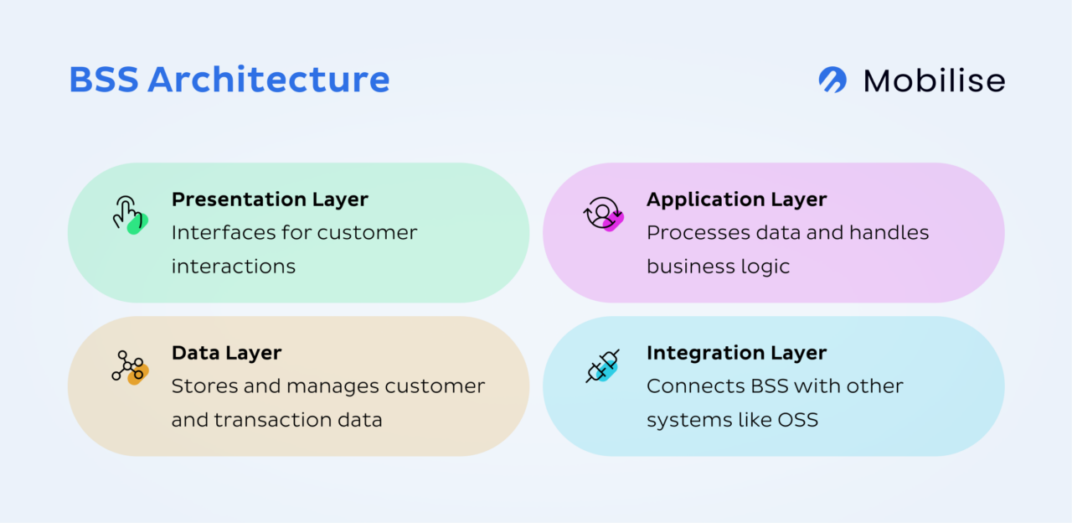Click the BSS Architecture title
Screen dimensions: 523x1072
(x=229, y=80)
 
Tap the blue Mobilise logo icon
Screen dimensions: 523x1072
(x=832, y=80)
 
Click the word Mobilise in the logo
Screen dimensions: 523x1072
(x=934, y=80)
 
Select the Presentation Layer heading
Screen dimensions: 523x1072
(x=270, y=199)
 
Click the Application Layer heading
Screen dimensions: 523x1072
(x=736, y=199)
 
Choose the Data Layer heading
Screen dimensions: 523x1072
(x=226, y=353)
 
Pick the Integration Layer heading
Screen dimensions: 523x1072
(x=736, y=353)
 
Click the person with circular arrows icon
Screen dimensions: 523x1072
(x=602, y=214)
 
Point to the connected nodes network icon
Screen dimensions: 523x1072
(x=128, y=367)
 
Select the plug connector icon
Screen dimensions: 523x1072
(x=603, y=367)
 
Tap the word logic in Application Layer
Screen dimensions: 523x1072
(x=764, y=267)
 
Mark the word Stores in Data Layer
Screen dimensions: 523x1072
(x=199, y=386)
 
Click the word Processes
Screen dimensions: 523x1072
(x=693, y=232)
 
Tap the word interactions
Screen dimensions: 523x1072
(x=233, y=267)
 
